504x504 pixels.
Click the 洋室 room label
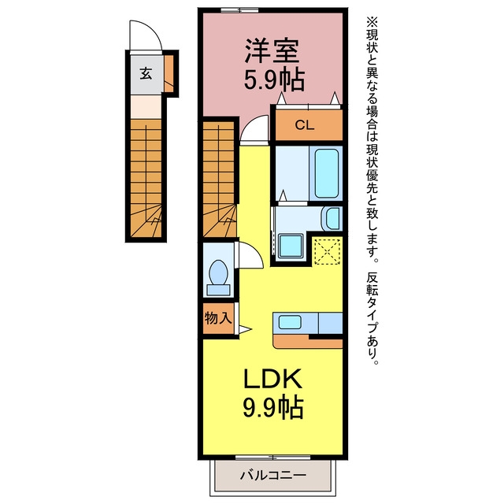[272, 50]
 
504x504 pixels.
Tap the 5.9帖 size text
[274, 80]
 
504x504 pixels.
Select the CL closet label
[305, 125]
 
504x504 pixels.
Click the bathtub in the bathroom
[326, 173]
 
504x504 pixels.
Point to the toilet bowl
[218, 277]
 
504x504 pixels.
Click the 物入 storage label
[218, 318]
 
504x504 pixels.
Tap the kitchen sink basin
[290, 322]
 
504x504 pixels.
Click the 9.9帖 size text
[273, 407]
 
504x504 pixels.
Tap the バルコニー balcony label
[273, 475]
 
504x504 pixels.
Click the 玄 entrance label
[146, 73]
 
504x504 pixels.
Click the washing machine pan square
[291, 246]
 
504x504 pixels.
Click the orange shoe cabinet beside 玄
[169, 73]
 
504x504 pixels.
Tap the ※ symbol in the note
[372, 22]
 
